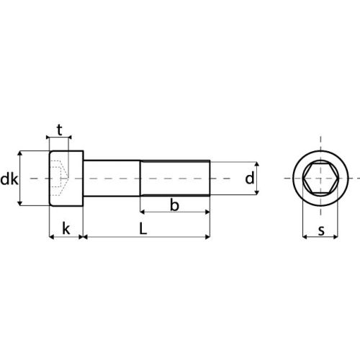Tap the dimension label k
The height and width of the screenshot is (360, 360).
pyautogui.click(x=66, y=229)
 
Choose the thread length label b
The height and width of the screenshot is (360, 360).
pyautogui.click(x=174, y=206)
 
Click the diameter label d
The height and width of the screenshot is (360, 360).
pyautogui.click(x=249, y=179)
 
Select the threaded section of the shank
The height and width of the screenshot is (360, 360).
pyautogui.click(x=174, y=179)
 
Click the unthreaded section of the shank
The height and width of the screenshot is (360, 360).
pyautogui.click(x=112, y=179)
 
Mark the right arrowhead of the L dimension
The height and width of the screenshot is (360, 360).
pyautogui.click(x=207, y=236)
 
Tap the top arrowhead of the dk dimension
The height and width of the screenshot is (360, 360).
pyautogui.click(x=21, y=153)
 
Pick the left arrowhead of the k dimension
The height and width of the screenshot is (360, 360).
pyautogui.click(x=51, y=236)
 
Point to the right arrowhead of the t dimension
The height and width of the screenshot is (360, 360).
pyautogui.click(x=69, y=137)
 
